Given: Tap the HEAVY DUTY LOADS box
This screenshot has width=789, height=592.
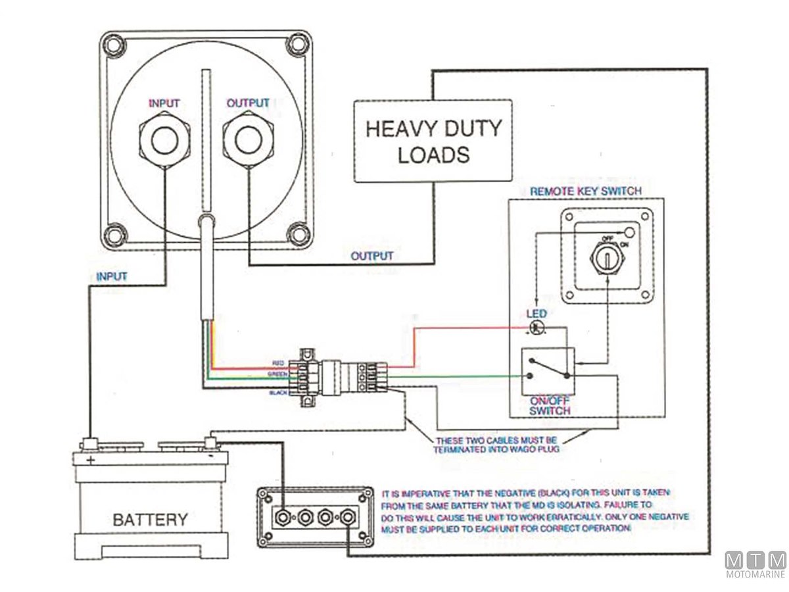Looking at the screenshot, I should [x=433, y=141].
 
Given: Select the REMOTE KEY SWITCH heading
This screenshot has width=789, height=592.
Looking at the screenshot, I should [x=585, y=191].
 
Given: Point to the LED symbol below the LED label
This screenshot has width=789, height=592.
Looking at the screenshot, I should [x=536, y=327].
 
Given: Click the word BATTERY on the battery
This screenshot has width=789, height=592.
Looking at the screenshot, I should [x=150, y=520].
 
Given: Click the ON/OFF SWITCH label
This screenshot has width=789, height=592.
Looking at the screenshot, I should [x=550, y=405].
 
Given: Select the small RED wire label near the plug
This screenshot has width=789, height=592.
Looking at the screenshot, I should [x=278, y=363].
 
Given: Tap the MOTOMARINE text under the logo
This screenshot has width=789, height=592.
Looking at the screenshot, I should [x=755, y=574].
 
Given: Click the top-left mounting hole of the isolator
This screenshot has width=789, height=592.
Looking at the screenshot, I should [x=116, y=45].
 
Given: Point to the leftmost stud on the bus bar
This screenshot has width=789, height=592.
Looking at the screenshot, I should [x=284, y=518].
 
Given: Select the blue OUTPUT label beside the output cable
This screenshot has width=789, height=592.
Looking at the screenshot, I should [x=372, y=255].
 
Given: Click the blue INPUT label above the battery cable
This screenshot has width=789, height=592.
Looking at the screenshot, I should [x=112, y=276].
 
